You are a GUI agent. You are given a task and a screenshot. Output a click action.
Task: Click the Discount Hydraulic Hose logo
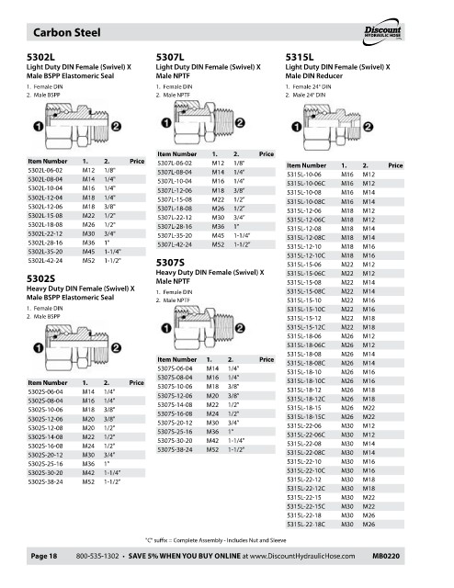382,32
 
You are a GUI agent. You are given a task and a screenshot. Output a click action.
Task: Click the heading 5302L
40,57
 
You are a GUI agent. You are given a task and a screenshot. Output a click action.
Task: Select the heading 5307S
170,263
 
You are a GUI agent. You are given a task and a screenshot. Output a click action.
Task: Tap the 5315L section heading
300,57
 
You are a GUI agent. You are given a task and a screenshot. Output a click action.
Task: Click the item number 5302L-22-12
45,233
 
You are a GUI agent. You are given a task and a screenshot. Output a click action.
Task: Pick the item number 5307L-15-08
175,199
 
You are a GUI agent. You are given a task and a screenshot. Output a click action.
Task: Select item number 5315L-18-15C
306,416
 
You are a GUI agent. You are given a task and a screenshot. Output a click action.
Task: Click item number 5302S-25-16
45,464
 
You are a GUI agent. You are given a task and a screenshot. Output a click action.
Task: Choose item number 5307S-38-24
175,449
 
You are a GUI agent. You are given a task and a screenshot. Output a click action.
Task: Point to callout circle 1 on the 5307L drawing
166,122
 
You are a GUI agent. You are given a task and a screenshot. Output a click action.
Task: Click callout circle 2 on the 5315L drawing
369,127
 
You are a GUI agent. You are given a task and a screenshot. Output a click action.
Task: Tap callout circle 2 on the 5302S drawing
117,348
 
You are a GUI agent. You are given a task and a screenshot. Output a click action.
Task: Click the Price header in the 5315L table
395,165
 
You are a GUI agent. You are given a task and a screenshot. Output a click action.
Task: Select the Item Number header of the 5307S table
177,359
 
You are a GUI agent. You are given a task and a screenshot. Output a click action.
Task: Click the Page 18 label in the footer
44,556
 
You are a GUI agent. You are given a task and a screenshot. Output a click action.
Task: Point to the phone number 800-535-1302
97,556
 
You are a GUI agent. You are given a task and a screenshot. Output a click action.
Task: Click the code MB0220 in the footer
386,556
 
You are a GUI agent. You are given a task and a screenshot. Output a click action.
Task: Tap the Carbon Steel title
67,32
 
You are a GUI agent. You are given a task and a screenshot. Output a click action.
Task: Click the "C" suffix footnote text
216,540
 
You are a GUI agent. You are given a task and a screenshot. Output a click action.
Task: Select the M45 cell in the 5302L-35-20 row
88,252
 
